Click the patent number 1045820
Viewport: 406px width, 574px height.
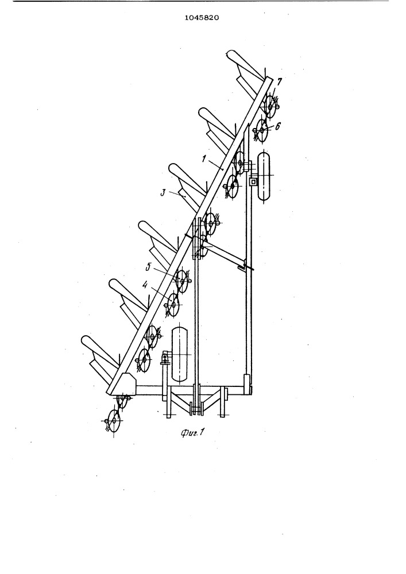tap(202, 17)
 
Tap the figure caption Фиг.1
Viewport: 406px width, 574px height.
tap(192, 433)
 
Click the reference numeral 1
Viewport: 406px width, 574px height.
tap(204, 159)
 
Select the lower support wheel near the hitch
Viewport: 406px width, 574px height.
tap(179, 355)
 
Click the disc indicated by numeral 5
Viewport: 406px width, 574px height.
tap(182, 281)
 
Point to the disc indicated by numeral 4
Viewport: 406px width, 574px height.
tap(173, 304)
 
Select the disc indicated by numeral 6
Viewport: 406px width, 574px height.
tap(262, 130)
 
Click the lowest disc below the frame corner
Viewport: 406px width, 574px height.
tap(114, 421)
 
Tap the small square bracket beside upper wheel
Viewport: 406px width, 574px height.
tap(252, 181)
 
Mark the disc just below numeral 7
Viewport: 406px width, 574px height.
tap(270, 107)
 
